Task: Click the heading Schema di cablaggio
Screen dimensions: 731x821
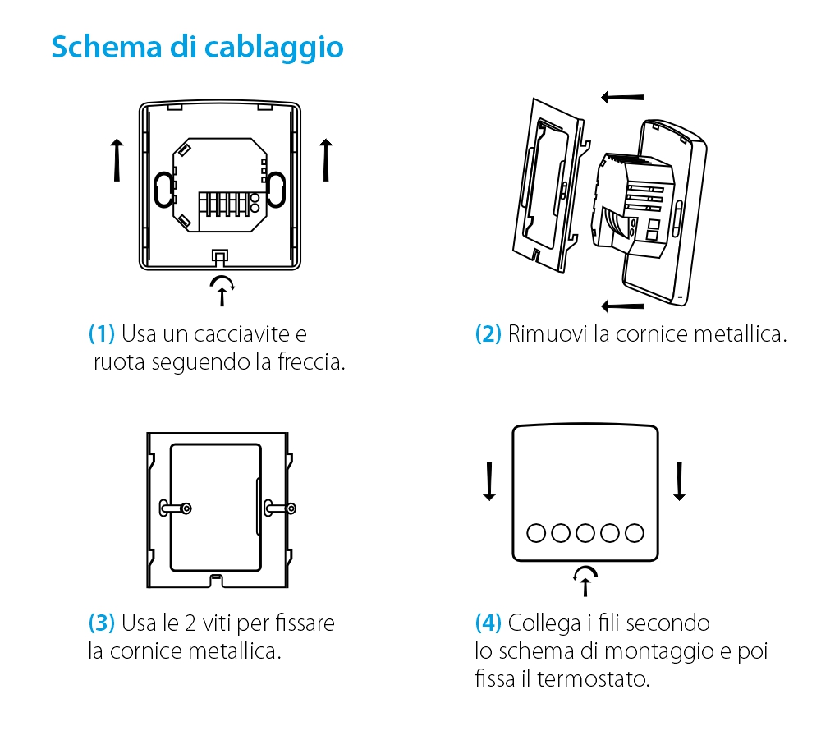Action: coord(197,47)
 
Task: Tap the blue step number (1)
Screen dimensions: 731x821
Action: coord(102,334)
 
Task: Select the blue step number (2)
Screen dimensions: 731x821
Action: coord(488,334)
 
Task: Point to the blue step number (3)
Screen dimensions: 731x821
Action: coord(102,623)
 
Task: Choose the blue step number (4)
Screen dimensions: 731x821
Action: coord(488,623)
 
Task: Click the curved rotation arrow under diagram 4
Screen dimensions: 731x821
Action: coord(585,580)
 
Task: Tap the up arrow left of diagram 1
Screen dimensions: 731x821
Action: coord(117,159)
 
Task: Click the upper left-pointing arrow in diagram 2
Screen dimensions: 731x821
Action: coord(622,98)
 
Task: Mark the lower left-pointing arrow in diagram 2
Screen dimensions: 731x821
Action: coord(622,306)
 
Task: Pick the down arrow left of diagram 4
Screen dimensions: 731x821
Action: coord(489,481)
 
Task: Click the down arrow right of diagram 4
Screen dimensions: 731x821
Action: coord(679,481)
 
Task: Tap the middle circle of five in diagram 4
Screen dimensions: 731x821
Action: coord(585,533)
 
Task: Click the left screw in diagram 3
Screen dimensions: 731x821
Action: coord(186,508)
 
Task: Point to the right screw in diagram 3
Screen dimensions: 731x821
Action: coord(289,508)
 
